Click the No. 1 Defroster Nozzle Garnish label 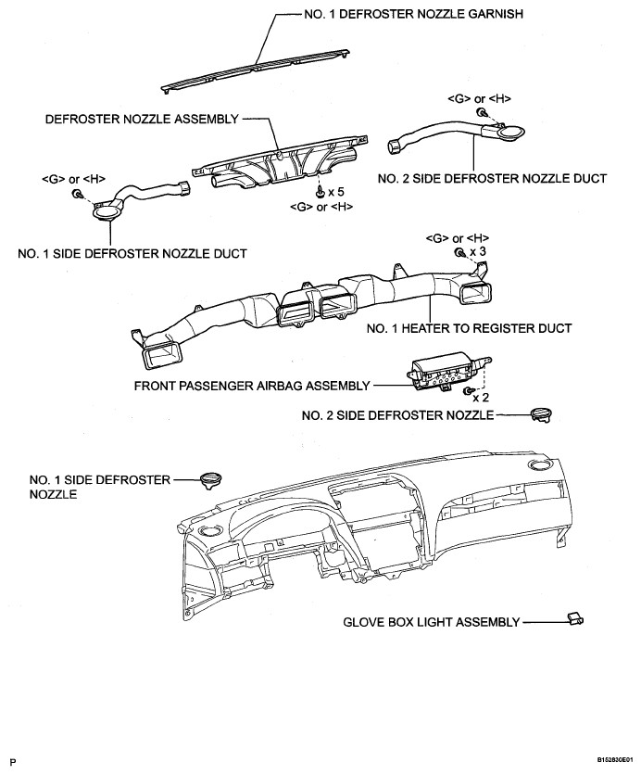point(413,14)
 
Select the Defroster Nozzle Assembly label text point(143,119)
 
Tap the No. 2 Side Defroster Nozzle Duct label point(492,178)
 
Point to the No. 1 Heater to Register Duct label point(469,328)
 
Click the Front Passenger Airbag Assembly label point(252,386)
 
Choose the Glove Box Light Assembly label point(431,622)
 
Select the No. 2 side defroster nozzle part point(541,414)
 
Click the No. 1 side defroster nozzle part point(211,480)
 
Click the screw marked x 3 point(459,253)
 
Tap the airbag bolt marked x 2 point(467,391)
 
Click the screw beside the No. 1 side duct point(77,194)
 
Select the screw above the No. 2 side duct point(481,113)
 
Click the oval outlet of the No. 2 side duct point(510,132)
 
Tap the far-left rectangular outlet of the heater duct point(162,355)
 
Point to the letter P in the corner point(14,762)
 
